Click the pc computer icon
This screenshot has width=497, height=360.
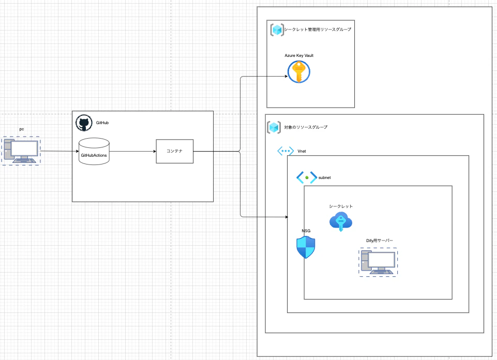click(21, 151)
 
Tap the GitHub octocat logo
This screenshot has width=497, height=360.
click(84, 123)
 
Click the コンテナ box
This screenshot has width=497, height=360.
click(174, 151)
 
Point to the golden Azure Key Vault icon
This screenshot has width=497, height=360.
click(298, 71)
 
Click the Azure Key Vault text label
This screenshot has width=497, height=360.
click(299, 55)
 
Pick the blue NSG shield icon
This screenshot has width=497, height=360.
click(306, 247)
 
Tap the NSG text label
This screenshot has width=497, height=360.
click(306, 231)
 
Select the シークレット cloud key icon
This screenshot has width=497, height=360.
click(341, 221)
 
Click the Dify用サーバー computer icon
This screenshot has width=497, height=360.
click(379, 262)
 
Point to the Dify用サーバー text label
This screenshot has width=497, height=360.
click(376, 241)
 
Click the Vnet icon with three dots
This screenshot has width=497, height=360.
click(285, 151)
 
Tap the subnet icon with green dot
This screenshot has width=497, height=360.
click(307, 177)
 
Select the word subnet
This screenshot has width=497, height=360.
click(325, 177)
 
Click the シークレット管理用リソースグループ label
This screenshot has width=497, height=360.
click(318, 29)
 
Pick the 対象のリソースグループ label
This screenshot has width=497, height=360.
click(306, 127)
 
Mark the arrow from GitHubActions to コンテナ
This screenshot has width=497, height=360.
click(132, 151)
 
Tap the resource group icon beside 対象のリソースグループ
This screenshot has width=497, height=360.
click(274, 127)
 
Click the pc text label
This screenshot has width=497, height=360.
click(22, 129)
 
